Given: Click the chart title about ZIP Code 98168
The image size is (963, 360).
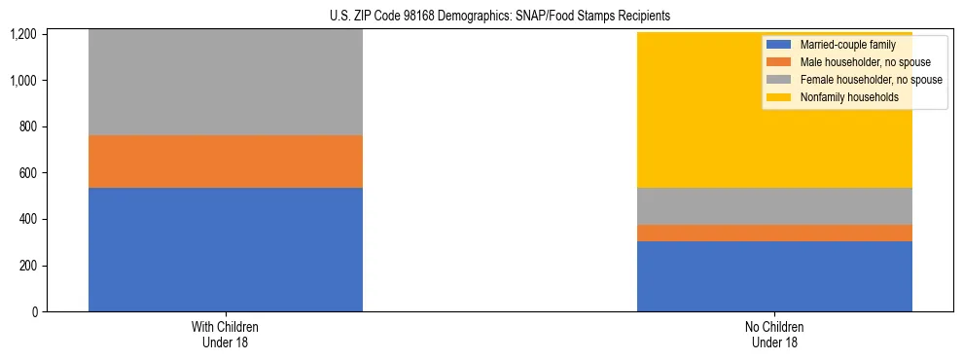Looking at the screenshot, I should point(482,17).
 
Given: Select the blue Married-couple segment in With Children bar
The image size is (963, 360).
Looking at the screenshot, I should point(226,249).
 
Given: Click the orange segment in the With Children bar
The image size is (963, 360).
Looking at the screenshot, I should point(226,162).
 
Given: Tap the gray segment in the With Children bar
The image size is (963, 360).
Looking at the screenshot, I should point(226,83).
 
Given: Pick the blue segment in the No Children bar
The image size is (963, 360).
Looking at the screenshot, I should point(774,276).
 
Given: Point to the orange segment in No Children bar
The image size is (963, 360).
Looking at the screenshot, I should point(774,233).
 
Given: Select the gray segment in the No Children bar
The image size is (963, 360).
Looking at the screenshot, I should point(774,206).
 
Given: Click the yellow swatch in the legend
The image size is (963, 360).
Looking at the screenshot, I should point(779,97).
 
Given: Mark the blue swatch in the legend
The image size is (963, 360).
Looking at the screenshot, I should point(779,45).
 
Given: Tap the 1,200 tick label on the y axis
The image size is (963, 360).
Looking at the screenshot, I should point(24,35).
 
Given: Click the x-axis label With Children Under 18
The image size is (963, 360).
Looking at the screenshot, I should point(226,335).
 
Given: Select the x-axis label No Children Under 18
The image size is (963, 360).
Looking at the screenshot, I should point(774,335).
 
